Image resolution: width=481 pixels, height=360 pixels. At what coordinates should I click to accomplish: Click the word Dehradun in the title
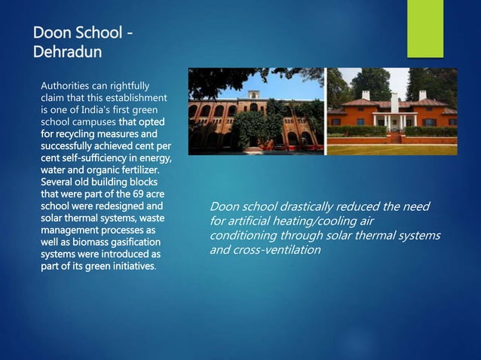click(65, 53)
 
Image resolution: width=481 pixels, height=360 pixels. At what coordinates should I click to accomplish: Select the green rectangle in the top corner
click(425, 28)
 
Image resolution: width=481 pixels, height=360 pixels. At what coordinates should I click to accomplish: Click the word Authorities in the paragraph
click(66, 84)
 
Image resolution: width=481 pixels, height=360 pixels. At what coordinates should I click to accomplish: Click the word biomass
click(72, 242)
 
